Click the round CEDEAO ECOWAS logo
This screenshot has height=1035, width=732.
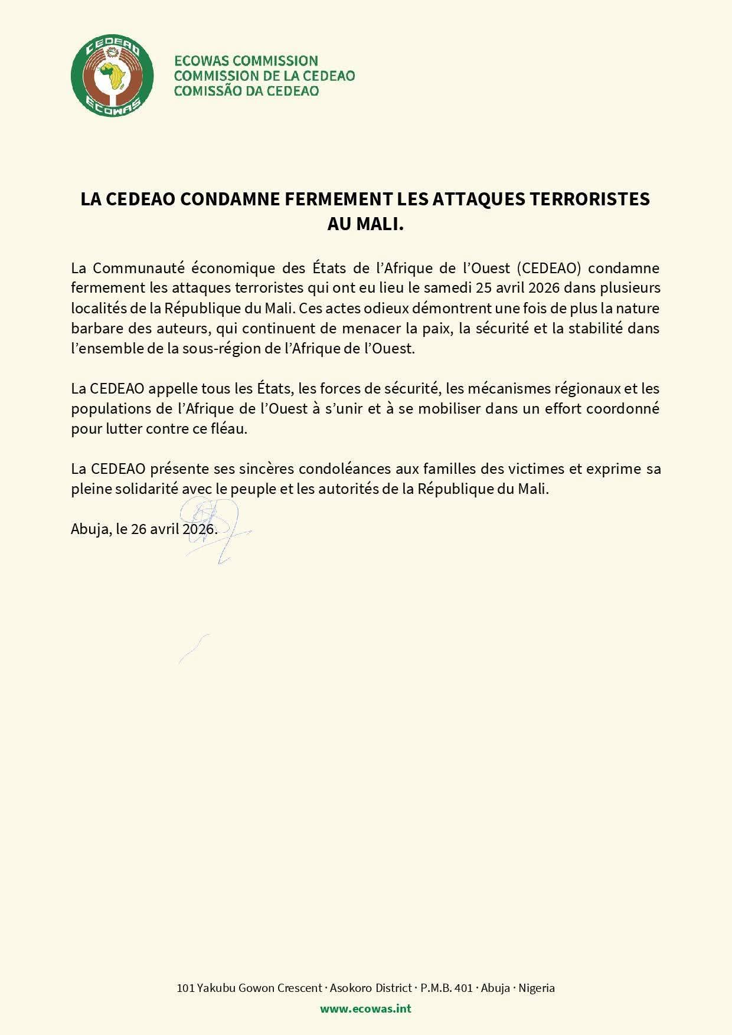tap(112, 76)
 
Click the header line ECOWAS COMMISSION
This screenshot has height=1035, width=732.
tap(246, 60)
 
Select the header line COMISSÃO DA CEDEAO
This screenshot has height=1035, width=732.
tap(246, 91)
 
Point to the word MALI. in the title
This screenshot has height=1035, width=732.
tap(381, 224)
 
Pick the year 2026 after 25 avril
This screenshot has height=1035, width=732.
tap(543, 288)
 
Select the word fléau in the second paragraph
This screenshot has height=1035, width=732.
tap(228, 428)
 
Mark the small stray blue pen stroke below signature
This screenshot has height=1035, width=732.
tap(194, 648)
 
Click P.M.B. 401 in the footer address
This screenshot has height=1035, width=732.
tap(446, 988)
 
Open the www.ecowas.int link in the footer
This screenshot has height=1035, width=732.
tap(365, 1008)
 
